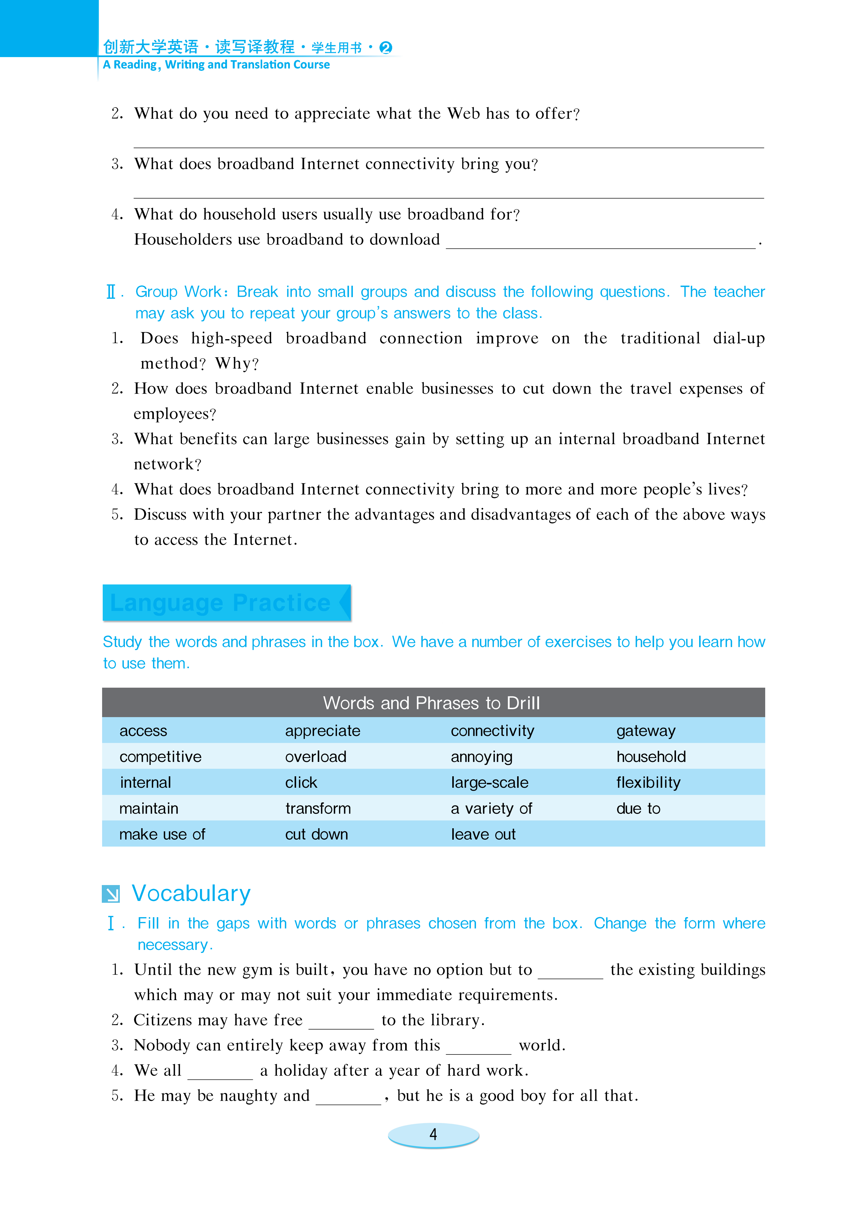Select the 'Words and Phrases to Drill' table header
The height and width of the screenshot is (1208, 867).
(x=431, y=703)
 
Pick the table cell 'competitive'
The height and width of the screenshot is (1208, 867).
(x=160, y=757)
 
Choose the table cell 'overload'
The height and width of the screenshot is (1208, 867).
(x=316, y=757)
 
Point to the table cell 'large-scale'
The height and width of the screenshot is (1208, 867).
(x=490, y=782)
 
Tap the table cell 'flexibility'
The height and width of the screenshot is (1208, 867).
(x=648, y=782)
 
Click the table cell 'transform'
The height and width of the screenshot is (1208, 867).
(x=318, y=808)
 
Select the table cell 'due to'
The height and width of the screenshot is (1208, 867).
(x=638, y=808)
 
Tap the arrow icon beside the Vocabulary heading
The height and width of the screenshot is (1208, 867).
(x=111, y=894)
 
